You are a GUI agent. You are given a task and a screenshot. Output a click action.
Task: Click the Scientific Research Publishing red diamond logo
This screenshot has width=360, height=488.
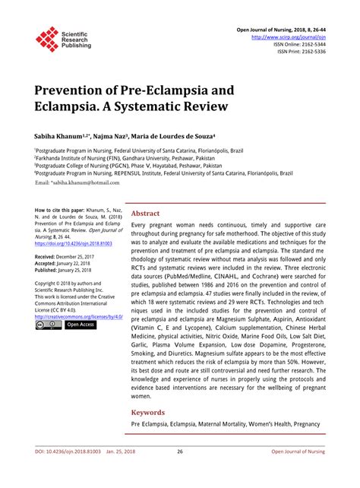tap(47, 39)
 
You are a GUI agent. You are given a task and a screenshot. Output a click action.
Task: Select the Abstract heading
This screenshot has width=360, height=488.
tap(146, 214)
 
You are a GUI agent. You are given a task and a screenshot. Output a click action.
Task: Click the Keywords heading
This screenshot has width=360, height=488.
tap(149, 413)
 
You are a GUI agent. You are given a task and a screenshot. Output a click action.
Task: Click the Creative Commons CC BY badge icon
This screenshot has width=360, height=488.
tap(48, 325)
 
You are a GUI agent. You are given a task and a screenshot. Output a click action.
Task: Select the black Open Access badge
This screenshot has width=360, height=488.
tap(81, 325)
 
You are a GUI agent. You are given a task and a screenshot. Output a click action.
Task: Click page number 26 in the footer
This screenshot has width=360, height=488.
tap(180, 472)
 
